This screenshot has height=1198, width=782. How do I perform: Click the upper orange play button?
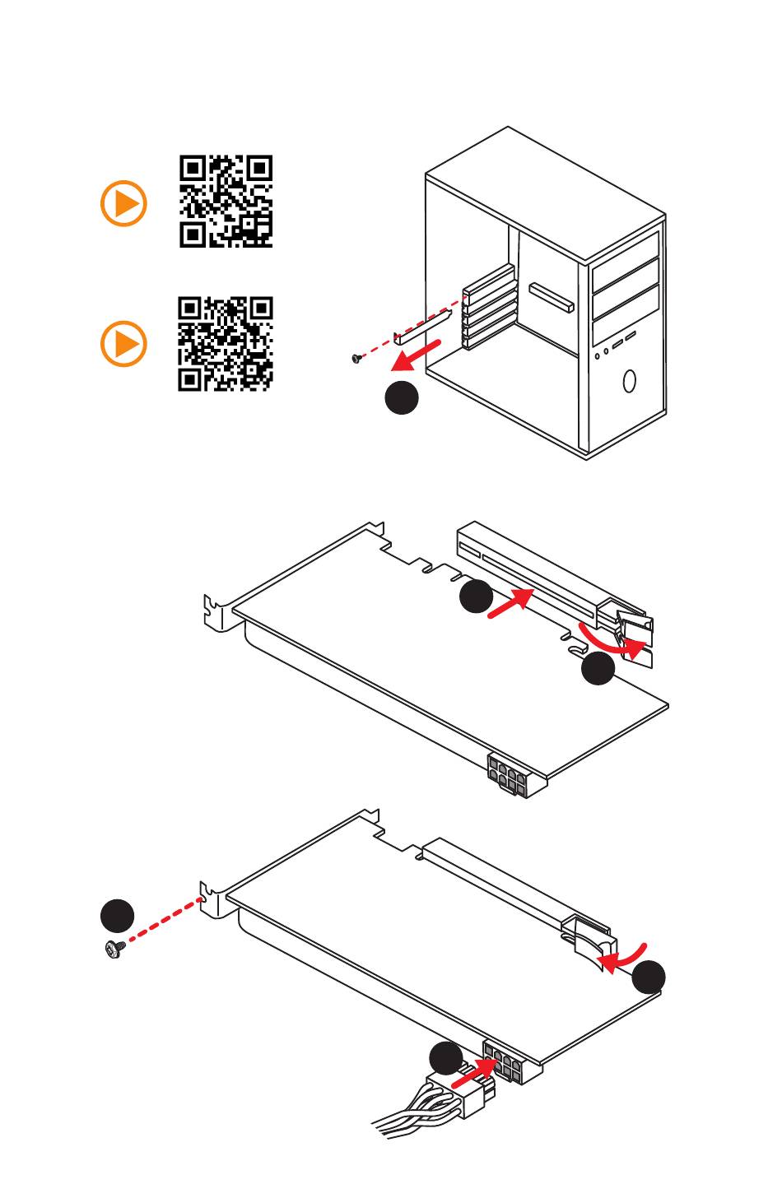pyautogui.click(x=123, y=203)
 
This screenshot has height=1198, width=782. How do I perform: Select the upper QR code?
pyautogui.click(x=226, y=202)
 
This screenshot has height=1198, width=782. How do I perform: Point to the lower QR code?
pyautogui.click(x=226, y=344)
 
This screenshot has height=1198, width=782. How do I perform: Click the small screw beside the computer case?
pyautogui.click(x=356, y=358)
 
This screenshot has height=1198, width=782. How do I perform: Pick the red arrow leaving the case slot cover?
pyautogui.click(x=418, y=354)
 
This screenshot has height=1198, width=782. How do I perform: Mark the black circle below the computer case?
pyautogui.click(x=402, y=398)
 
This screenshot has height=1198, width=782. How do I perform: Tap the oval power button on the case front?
pyautogui.click(x=630, y=381)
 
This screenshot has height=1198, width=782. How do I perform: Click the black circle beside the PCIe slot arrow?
pyautogui.click(x=476, y=597)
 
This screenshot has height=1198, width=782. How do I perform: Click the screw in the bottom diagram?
pyautogui.click(x=114, y=949)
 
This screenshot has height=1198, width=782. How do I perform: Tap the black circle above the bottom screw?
pyautogui.click(x=118, y=916)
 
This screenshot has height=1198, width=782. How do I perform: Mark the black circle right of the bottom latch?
pyautogui.click(x=649, y=977)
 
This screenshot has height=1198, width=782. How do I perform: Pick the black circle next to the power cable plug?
pyautogui.click(x=446, y=1058)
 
